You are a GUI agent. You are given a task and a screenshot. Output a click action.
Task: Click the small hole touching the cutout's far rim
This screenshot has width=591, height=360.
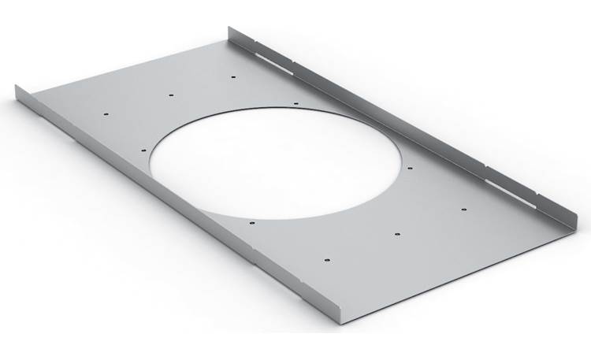click(295, 102)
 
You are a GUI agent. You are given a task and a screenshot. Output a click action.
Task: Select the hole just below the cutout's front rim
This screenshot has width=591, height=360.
click(251, 223)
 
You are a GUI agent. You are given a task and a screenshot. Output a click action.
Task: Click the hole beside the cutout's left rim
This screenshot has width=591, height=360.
click(143, 148)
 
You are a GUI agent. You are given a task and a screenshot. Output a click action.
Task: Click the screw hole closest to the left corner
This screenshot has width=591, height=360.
click(106, 113)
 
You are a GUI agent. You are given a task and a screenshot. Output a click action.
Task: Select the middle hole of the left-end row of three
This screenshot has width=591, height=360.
click(171, 95)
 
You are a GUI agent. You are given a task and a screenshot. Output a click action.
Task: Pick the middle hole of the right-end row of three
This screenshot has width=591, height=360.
click(397, 233)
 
